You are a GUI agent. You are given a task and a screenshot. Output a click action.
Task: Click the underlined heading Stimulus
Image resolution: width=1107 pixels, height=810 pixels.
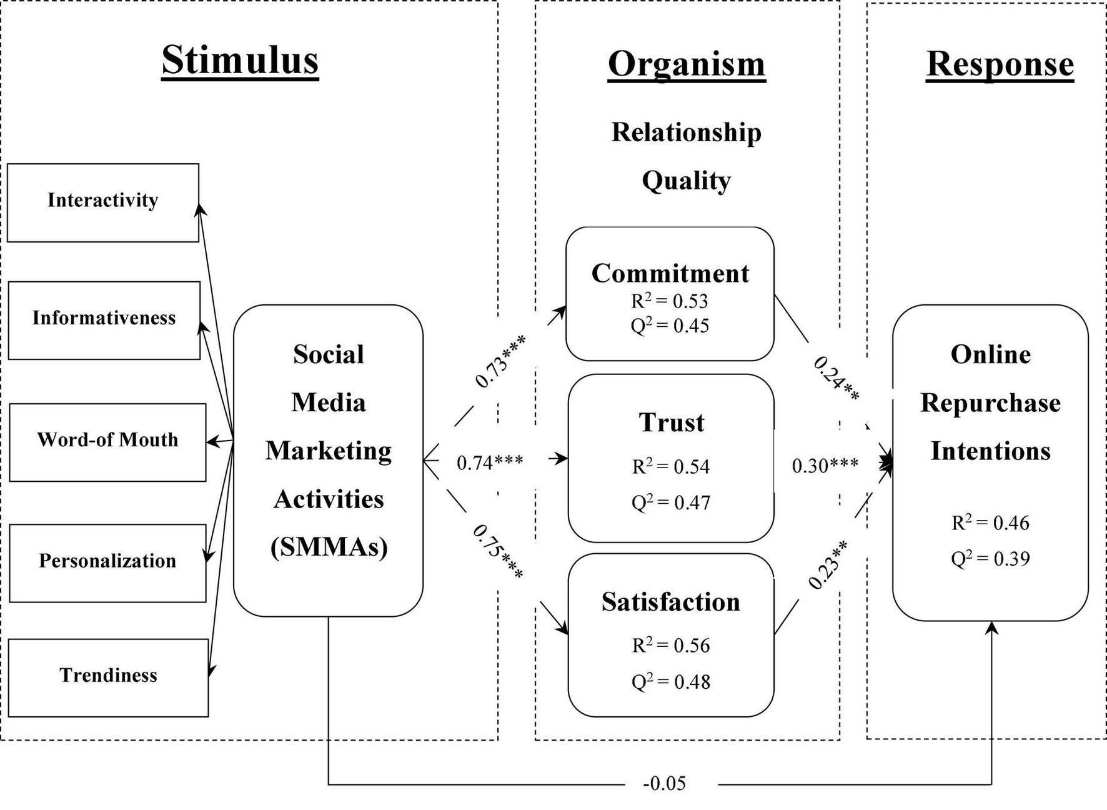[x=240, y=60]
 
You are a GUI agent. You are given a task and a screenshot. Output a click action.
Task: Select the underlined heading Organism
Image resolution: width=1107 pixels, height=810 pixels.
[x=686, y=64]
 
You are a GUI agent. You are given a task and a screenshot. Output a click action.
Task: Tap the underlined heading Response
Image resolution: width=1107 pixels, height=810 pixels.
[x=1000, y=64]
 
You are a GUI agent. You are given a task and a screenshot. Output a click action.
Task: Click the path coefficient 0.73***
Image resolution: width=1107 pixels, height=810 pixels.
[x=500, y=361]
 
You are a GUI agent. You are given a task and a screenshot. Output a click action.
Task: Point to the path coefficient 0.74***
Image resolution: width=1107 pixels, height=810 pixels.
[x=490, y=462]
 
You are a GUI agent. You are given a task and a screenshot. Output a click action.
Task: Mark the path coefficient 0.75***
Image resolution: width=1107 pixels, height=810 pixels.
[x=498, y=551]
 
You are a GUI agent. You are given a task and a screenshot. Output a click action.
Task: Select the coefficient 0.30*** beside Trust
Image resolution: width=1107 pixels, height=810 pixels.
[x=825, y=466]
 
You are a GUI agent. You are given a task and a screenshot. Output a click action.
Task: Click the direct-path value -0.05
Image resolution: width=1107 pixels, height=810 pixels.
[x=664, y=783]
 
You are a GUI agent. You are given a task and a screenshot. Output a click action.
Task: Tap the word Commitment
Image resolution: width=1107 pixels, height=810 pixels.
[x=670, y=274]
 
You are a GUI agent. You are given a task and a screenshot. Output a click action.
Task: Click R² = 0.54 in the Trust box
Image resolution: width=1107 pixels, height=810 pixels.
[x=670, y=466]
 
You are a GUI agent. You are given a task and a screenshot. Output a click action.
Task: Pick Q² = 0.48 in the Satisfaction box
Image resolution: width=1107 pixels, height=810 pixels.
[x=670, y=681]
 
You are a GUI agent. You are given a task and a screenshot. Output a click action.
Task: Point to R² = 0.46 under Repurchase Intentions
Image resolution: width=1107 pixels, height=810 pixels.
[x=990, y=522]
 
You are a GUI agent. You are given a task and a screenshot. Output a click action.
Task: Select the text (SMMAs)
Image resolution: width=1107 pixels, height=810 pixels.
[x=329, y=547]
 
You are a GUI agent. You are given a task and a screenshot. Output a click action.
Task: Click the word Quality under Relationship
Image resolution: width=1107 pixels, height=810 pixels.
[x=686, y=181]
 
